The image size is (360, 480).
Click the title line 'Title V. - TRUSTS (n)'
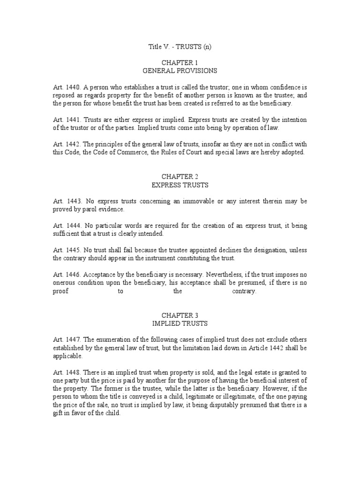[x=180, y=47]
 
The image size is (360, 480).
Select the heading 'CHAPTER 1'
[x=180, y=63]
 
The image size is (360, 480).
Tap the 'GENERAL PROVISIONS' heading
[x=180, y=71]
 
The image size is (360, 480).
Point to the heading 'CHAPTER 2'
[x=180, y=176]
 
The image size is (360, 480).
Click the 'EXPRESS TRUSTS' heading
[x=180, y=184]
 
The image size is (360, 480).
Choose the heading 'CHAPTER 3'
[x=180, y=315]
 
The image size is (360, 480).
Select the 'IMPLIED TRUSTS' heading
[x=180, y=323]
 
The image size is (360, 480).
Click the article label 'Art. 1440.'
[x=67, y=87]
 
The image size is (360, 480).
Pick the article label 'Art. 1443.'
[x=67, y=201]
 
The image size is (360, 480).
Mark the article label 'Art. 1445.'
[x=67, y=250]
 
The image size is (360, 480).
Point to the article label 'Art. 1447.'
[x=67, y=339]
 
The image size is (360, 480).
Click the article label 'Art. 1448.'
[x=67, y=365]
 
